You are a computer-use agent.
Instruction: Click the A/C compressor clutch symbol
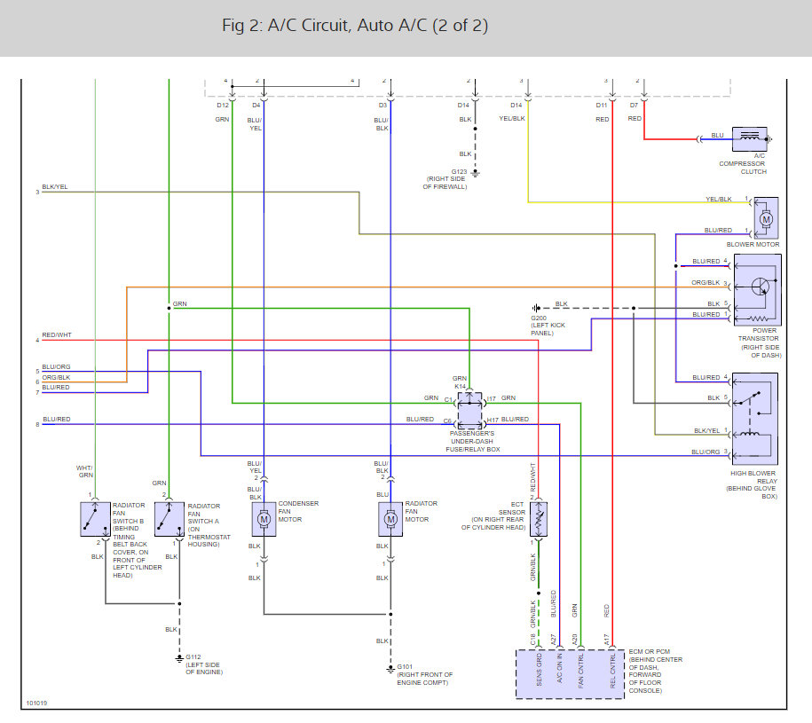coord(750,138)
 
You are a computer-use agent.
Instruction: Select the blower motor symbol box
coord(765,218)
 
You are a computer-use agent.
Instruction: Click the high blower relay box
coord(754,417)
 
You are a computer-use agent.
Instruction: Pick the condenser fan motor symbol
coord(264,517)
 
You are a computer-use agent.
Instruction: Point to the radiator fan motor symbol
coord(390,517)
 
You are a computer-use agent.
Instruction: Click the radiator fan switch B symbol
coord(93,518)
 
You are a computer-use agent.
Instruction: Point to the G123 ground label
coord(459,171)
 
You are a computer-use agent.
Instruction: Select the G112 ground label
coord(193,658)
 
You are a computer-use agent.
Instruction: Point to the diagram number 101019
coord(37,703)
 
